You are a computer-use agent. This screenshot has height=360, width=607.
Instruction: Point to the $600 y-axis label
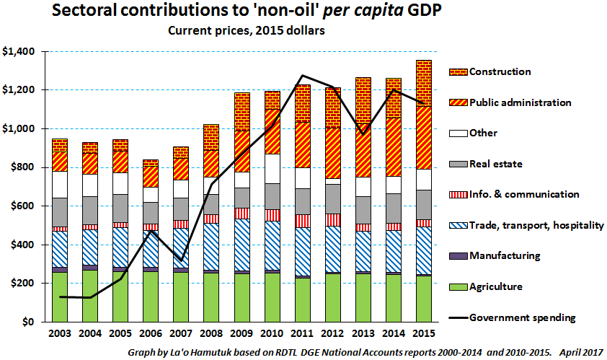pos(20,206)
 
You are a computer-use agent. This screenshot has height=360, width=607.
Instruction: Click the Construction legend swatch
pos(457,71)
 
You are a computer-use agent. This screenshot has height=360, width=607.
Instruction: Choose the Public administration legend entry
pos(520,102)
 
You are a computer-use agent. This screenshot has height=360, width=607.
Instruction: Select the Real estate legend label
pos(498,164)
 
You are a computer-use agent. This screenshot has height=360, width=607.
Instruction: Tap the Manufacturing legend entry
pos(505,256)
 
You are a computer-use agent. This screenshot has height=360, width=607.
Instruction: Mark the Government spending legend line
pos(457,317)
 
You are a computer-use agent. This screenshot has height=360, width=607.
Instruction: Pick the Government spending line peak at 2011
pos(302,75)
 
